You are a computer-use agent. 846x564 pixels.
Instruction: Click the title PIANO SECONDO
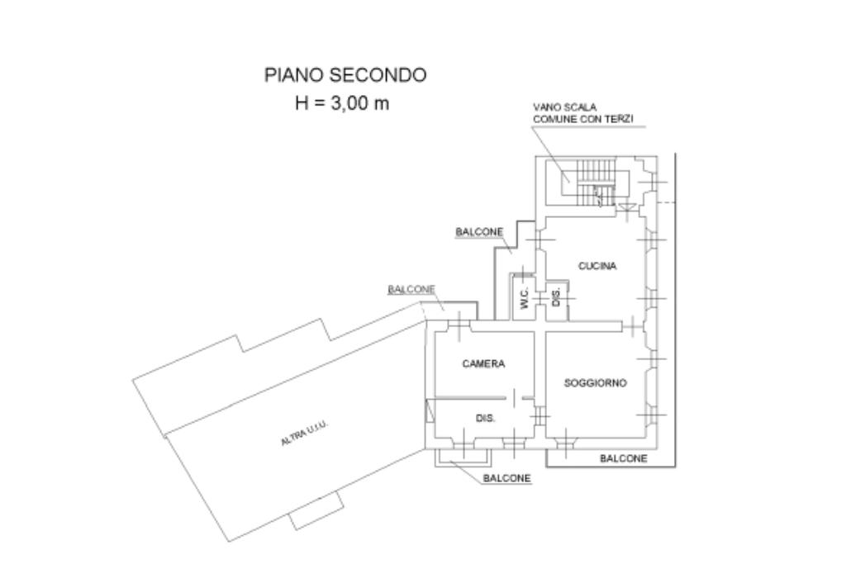(345, 75)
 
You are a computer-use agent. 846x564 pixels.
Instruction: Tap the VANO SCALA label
(565, 107)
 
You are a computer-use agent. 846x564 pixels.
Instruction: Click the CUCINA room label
(597, 266)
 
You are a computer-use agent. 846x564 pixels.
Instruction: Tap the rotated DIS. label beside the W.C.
(556, 295)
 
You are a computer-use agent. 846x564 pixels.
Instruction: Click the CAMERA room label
(483, 363)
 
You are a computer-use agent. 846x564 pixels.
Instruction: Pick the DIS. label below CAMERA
(485, 418)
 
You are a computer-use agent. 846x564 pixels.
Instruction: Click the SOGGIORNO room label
(595, 383)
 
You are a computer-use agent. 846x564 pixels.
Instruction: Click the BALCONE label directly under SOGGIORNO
(623, 458)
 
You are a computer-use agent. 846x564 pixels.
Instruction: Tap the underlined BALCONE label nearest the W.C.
(479, 233)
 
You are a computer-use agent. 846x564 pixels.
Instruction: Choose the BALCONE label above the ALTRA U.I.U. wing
(411, 290)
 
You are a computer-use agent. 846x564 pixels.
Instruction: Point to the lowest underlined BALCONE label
(506, 478)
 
